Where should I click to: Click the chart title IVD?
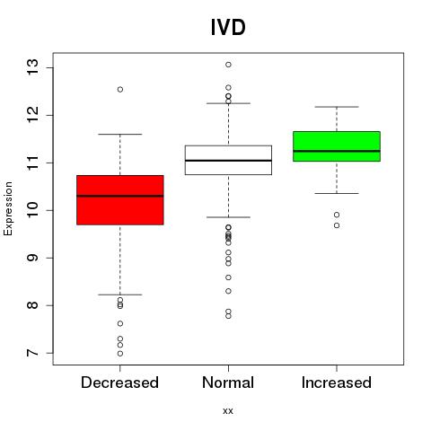(228, 27)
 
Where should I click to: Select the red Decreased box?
(120, 200)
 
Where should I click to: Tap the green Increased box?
(337, 146)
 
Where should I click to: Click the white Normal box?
(228, 160)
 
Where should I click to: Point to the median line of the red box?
(120, 196)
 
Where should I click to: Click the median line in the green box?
(337, 151)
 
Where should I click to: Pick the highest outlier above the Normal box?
(228, 65)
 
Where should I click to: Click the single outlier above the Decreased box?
(120, 90)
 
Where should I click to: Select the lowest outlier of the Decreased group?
(120, 354)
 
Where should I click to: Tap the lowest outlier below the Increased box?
(337, 225)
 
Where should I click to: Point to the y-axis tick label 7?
(32, 353)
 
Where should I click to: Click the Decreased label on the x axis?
(119, 383)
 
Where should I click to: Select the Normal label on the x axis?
(228, 383)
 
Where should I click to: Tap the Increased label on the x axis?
(337, 383)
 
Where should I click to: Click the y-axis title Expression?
(8, 208)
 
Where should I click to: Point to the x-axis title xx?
(228, 411)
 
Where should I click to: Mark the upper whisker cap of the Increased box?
(337, 107)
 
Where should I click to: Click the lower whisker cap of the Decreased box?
(120, 295)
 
